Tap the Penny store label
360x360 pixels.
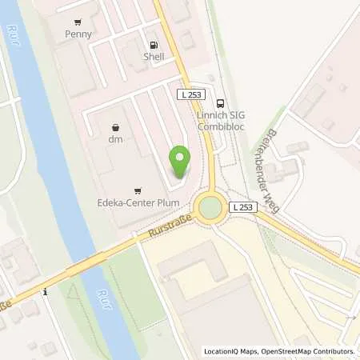pyautogui.click(x=79, y=34)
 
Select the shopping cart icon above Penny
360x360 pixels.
pyautogui.click(x=78, y=22)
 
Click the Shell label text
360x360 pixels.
pyautogui.click(x=154, y=57)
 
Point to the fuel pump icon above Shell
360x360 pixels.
pyautogui.click(x=154, y=45)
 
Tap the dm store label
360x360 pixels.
pyautogui.click(x=117, y=139)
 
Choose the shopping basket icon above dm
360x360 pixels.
pyautogui.click(x=117, y=126)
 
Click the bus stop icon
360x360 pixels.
pyautogui.click(x=221, y=102)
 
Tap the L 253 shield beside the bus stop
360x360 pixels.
pyautogui.click(x=192, y=95)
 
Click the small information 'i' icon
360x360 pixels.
pyautogui.click(x=46, y=293)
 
